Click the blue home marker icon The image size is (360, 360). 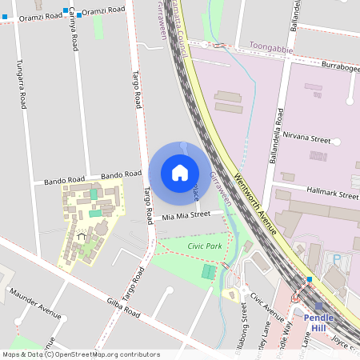180,173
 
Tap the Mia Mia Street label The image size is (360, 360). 186,215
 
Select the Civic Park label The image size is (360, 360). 205,246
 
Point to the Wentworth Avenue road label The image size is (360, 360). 255,200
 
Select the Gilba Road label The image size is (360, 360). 123,308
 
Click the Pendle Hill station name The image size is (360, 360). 318,322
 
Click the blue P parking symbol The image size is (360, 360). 337,258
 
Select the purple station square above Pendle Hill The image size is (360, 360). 319,306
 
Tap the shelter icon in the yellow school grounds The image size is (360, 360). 81,237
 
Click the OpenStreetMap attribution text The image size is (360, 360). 81,354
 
